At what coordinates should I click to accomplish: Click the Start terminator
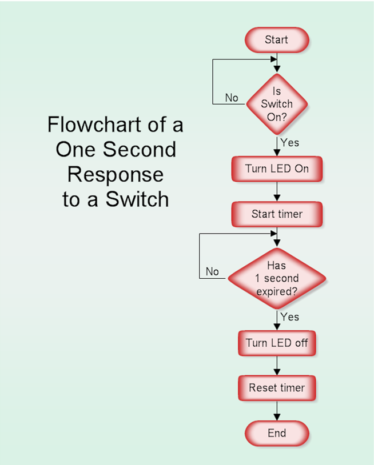pos(277,41)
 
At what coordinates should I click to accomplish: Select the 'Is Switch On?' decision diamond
pos(277,104)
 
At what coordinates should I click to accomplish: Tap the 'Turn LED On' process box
pos(277,169)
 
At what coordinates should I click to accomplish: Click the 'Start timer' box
pos(277,214)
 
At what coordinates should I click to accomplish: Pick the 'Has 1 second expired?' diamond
pos(277,278)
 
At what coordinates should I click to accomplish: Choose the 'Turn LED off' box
pos(277,343)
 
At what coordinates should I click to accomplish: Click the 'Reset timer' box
pos(277,388)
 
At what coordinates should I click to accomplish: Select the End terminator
pos(277,433)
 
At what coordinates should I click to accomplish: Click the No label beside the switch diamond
pos(232,98)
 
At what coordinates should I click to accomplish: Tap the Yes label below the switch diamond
pos(290,143)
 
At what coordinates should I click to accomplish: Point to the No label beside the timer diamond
pos(212,271)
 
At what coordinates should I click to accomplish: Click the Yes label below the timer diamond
pos(290,316)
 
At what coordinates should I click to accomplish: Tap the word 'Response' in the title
pos(116,174)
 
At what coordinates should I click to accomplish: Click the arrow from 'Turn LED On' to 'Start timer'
pos(277,192)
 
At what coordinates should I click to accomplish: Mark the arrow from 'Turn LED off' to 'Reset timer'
pos(277,366)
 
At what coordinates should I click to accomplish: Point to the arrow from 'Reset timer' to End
pos(277,411)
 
